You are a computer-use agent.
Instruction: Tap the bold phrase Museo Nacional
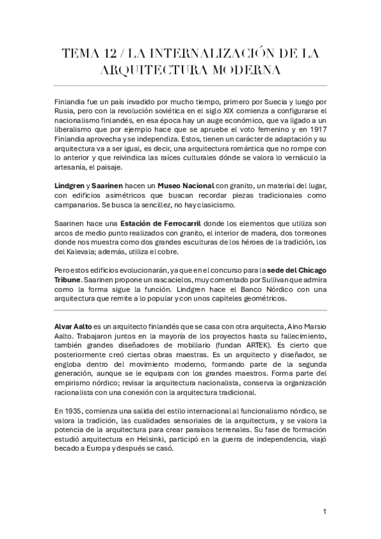click(x=184, y=184)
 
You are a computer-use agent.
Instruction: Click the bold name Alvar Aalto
click(x=73, y=326)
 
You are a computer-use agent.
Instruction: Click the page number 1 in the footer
click(x=324, y=512)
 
